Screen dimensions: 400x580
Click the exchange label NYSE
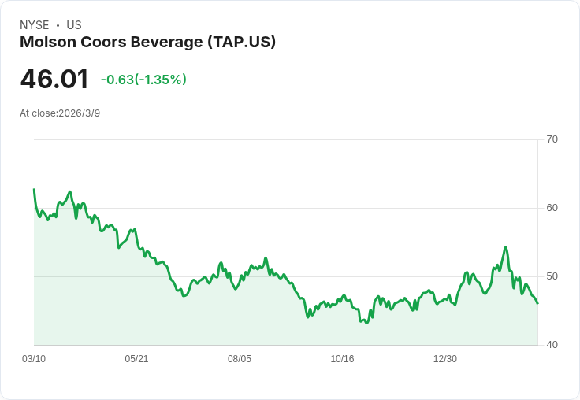pos(34,25)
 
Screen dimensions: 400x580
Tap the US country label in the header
pos(74,25)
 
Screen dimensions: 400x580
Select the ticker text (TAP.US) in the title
pos(242,43)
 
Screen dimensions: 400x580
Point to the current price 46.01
pos(54,80)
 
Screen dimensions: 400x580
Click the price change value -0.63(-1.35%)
pos(143,80)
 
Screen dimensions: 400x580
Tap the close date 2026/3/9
pos(80,113)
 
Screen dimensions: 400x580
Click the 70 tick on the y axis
pos(552,139)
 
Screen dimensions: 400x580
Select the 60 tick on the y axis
pos(552,208)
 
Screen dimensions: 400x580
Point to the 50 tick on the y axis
pos(552,276)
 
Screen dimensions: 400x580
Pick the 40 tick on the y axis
pos(552,345)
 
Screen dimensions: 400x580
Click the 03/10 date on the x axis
pos(34,359)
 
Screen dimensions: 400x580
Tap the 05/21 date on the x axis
pos(136,359)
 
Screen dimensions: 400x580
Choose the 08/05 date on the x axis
pos(240,359)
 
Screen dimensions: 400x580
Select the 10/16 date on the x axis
pos(342,359)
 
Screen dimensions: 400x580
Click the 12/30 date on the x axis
pos(445,359)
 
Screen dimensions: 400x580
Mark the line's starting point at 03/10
pos(34,190)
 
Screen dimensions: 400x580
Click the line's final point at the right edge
pos(537,303)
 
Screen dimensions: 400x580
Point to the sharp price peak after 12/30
pos(506,247)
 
